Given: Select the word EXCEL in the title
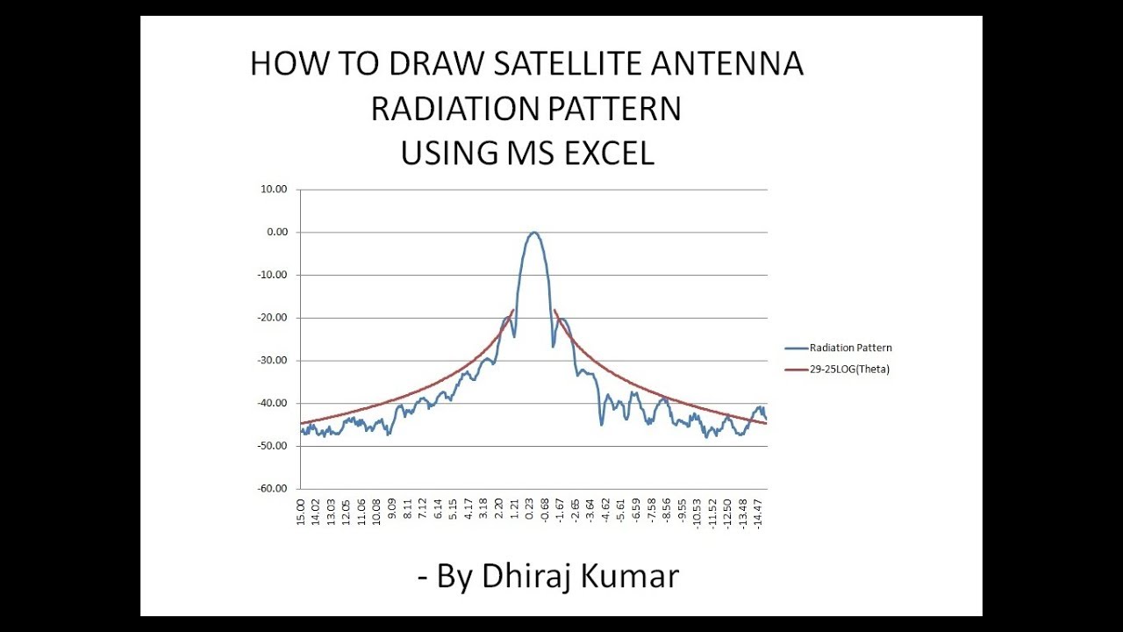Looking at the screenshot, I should tap(605, 153).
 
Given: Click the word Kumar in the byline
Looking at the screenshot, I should tap(635, 577).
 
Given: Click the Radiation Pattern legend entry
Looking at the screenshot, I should tap(850, 348).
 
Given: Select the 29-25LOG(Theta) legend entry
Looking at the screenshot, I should tap(849, 370).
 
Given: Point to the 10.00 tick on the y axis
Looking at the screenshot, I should tap(275, 190).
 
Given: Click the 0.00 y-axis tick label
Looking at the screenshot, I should tap(277, 233).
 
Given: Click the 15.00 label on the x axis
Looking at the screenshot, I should tap(301, 511).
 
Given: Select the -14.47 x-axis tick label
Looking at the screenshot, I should tap(759, 513).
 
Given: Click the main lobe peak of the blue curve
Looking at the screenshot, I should tap(533, 233).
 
